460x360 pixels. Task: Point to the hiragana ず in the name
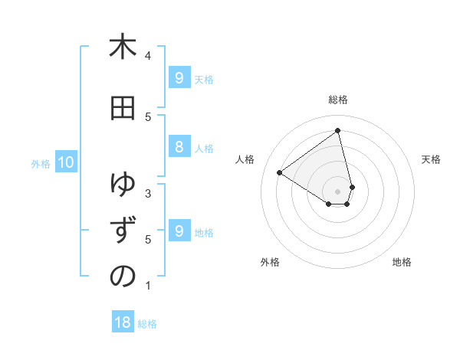click(x=123, y=231)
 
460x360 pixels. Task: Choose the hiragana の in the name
click(x=123, y=277)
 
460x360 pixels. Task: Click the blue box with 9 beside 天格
click(x=179, y=77)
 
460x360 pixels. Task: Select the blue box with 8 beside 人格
click(x=179, y=147)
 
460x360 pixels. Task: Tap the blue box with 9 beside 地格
click(x=179, y=231)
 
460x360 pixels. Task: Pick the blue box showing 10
click(x=65, y=162)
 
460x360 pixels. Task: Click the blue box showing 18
click(x=123, y=322)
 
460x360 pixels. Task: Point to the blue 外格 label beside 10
click(x=41, y=163)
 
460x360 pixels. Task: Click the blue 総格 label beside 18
click(x=147, y=324)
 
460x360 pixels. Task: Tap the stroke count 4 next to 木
click(x=148, y=55)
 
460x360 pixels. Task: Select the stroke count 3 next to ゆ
click(x=148, y=193)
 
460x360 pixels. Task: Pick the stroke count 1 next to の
click(x=148, y=286)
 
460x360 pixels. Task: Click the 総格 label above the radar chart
click(x=338, y=100)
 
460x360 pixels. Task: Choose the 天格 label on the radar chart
click(x=431, y=159)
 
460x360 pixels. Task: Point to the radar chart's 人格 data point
click(x=280, y=172)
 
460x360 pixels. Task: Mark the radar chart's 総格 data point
click(x=338, y=131)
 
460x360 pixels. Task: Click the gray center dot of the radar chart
click(x=338, y=191)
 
